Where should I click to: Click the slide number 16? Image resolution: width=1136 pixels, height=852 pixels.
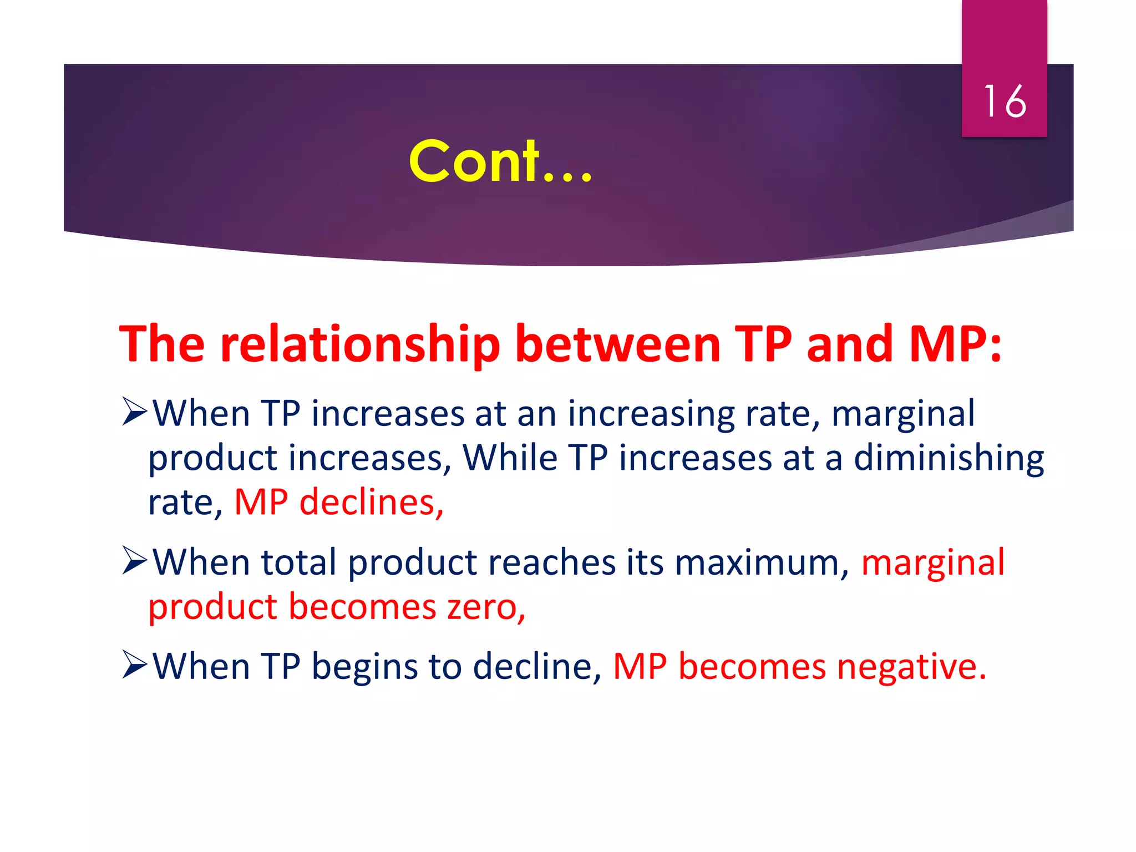pyautogui.click(x=1005, y=102)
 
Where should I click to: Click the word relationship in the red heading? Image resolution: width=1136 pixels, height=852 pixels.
pyautogui.click(x=360, y=345)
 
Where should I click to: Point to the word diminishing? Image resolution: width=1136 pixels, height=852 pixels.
pyautogui.click(x=949, y=459)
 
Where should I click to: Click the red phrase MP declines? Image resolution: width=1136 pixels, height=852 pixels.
pyautogui.click(x=339, y=503)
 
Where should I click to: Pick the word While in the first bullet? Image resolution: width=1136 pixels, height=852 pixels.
pyautogui.click(x=510, y=458)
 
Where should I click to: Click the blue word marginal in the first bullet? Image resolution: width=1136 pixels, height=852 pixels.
pyautogui.click(x=902, y=414)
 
